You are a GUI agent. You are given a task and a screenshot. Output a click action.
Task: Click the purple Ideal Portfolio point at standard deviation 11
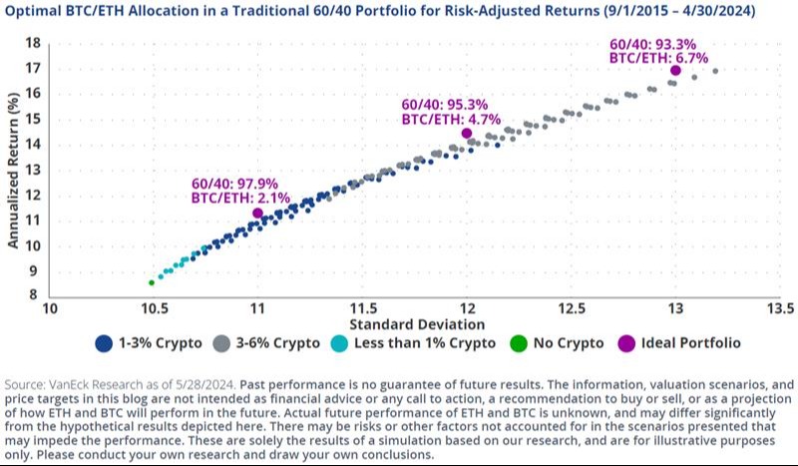[x=258, y=213]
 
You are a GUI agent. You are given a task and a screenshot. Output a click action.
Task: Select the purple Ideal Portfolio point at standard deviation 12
[x=467, y=133]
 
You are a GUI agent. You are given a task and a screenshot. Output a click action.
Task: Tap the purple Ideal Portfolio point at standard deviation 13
[x=675, y=70]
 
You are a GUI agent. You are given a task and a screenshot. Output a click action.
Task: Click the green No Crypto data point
[x=152, y=282]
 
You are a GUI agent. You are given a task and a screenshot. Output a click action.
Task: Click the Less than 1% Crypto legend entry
[x=425, y=342]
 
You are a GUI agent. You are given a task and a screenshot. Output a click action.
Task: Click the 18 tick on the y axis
[x=32, y=44]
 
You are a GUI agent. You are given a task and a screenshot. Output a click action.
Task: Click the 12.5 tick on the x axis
[x=571, y=308]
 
